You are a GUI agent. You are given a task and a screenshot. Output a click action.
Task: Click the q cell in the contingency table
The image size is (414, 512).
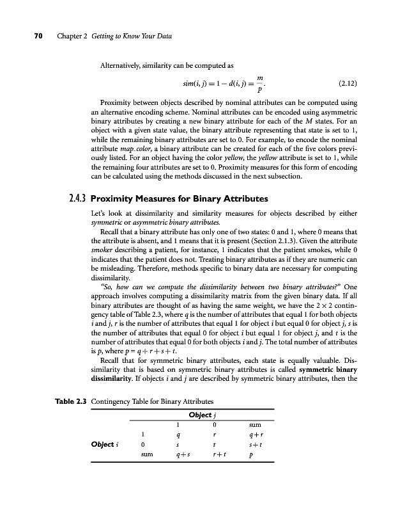coord(180,434)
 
